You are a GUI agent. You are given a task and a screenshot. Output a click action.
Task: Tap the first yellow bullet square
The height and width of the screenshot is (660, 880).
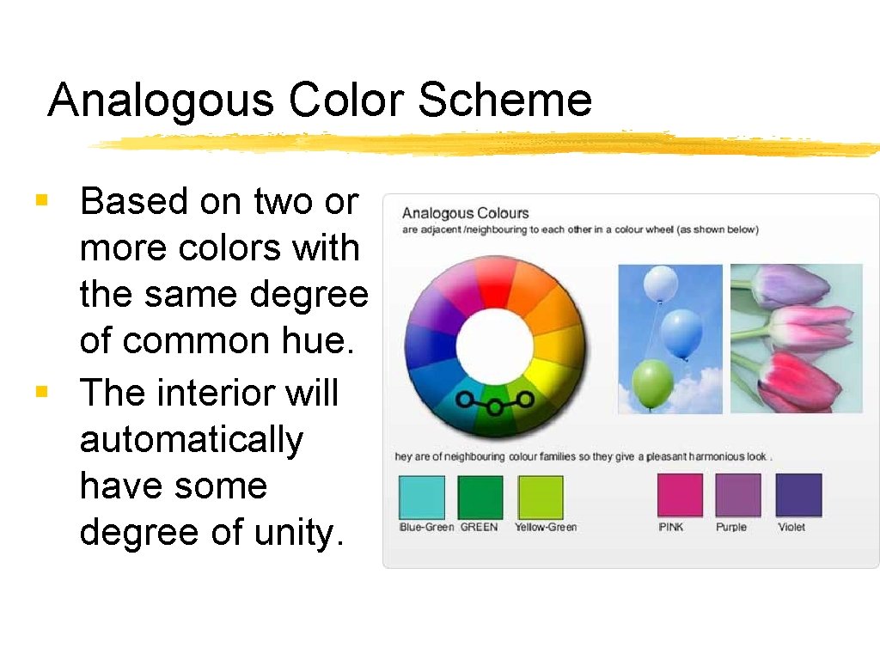pos(40,201)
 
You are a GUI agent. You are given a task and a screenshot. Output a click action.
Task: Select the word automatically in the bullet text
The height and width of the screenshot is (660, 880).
pos(191,440)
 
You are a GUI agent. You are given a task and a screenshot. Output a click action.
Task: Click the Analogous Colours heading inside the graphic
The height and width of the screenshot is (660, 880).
pos(465,213)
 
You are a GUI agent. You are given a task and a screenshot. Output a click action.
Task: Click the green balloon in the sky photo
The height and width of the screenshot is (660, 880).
pos(652,383)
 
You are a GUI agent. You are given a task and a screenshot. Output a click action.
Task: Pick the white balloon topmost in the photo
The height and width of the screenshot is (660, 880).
pos(660,284)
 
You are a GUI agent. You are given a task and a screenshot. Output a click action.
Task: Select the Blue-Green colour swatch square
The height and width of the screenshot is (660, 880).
pos(422,498)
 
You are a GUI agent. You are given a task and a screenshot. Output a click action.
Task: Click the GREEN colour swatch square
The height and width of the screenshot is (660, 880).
pos(480,498)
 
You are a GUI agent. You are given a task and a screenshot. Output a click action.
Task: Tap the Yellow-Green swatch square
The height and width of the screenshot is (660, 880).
pos(540,498)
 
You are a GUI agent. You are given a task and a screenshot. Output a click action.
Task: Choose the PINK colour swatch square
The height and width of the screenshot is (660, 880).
pos(679,496)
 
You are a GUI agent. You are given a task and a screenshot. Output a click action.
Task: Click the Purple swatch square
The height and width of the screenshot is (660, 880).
pos(737,496)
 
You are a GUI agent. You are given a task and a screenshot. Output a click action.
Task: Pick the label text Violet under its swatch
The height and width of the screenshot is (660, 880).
pos(791,527)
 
